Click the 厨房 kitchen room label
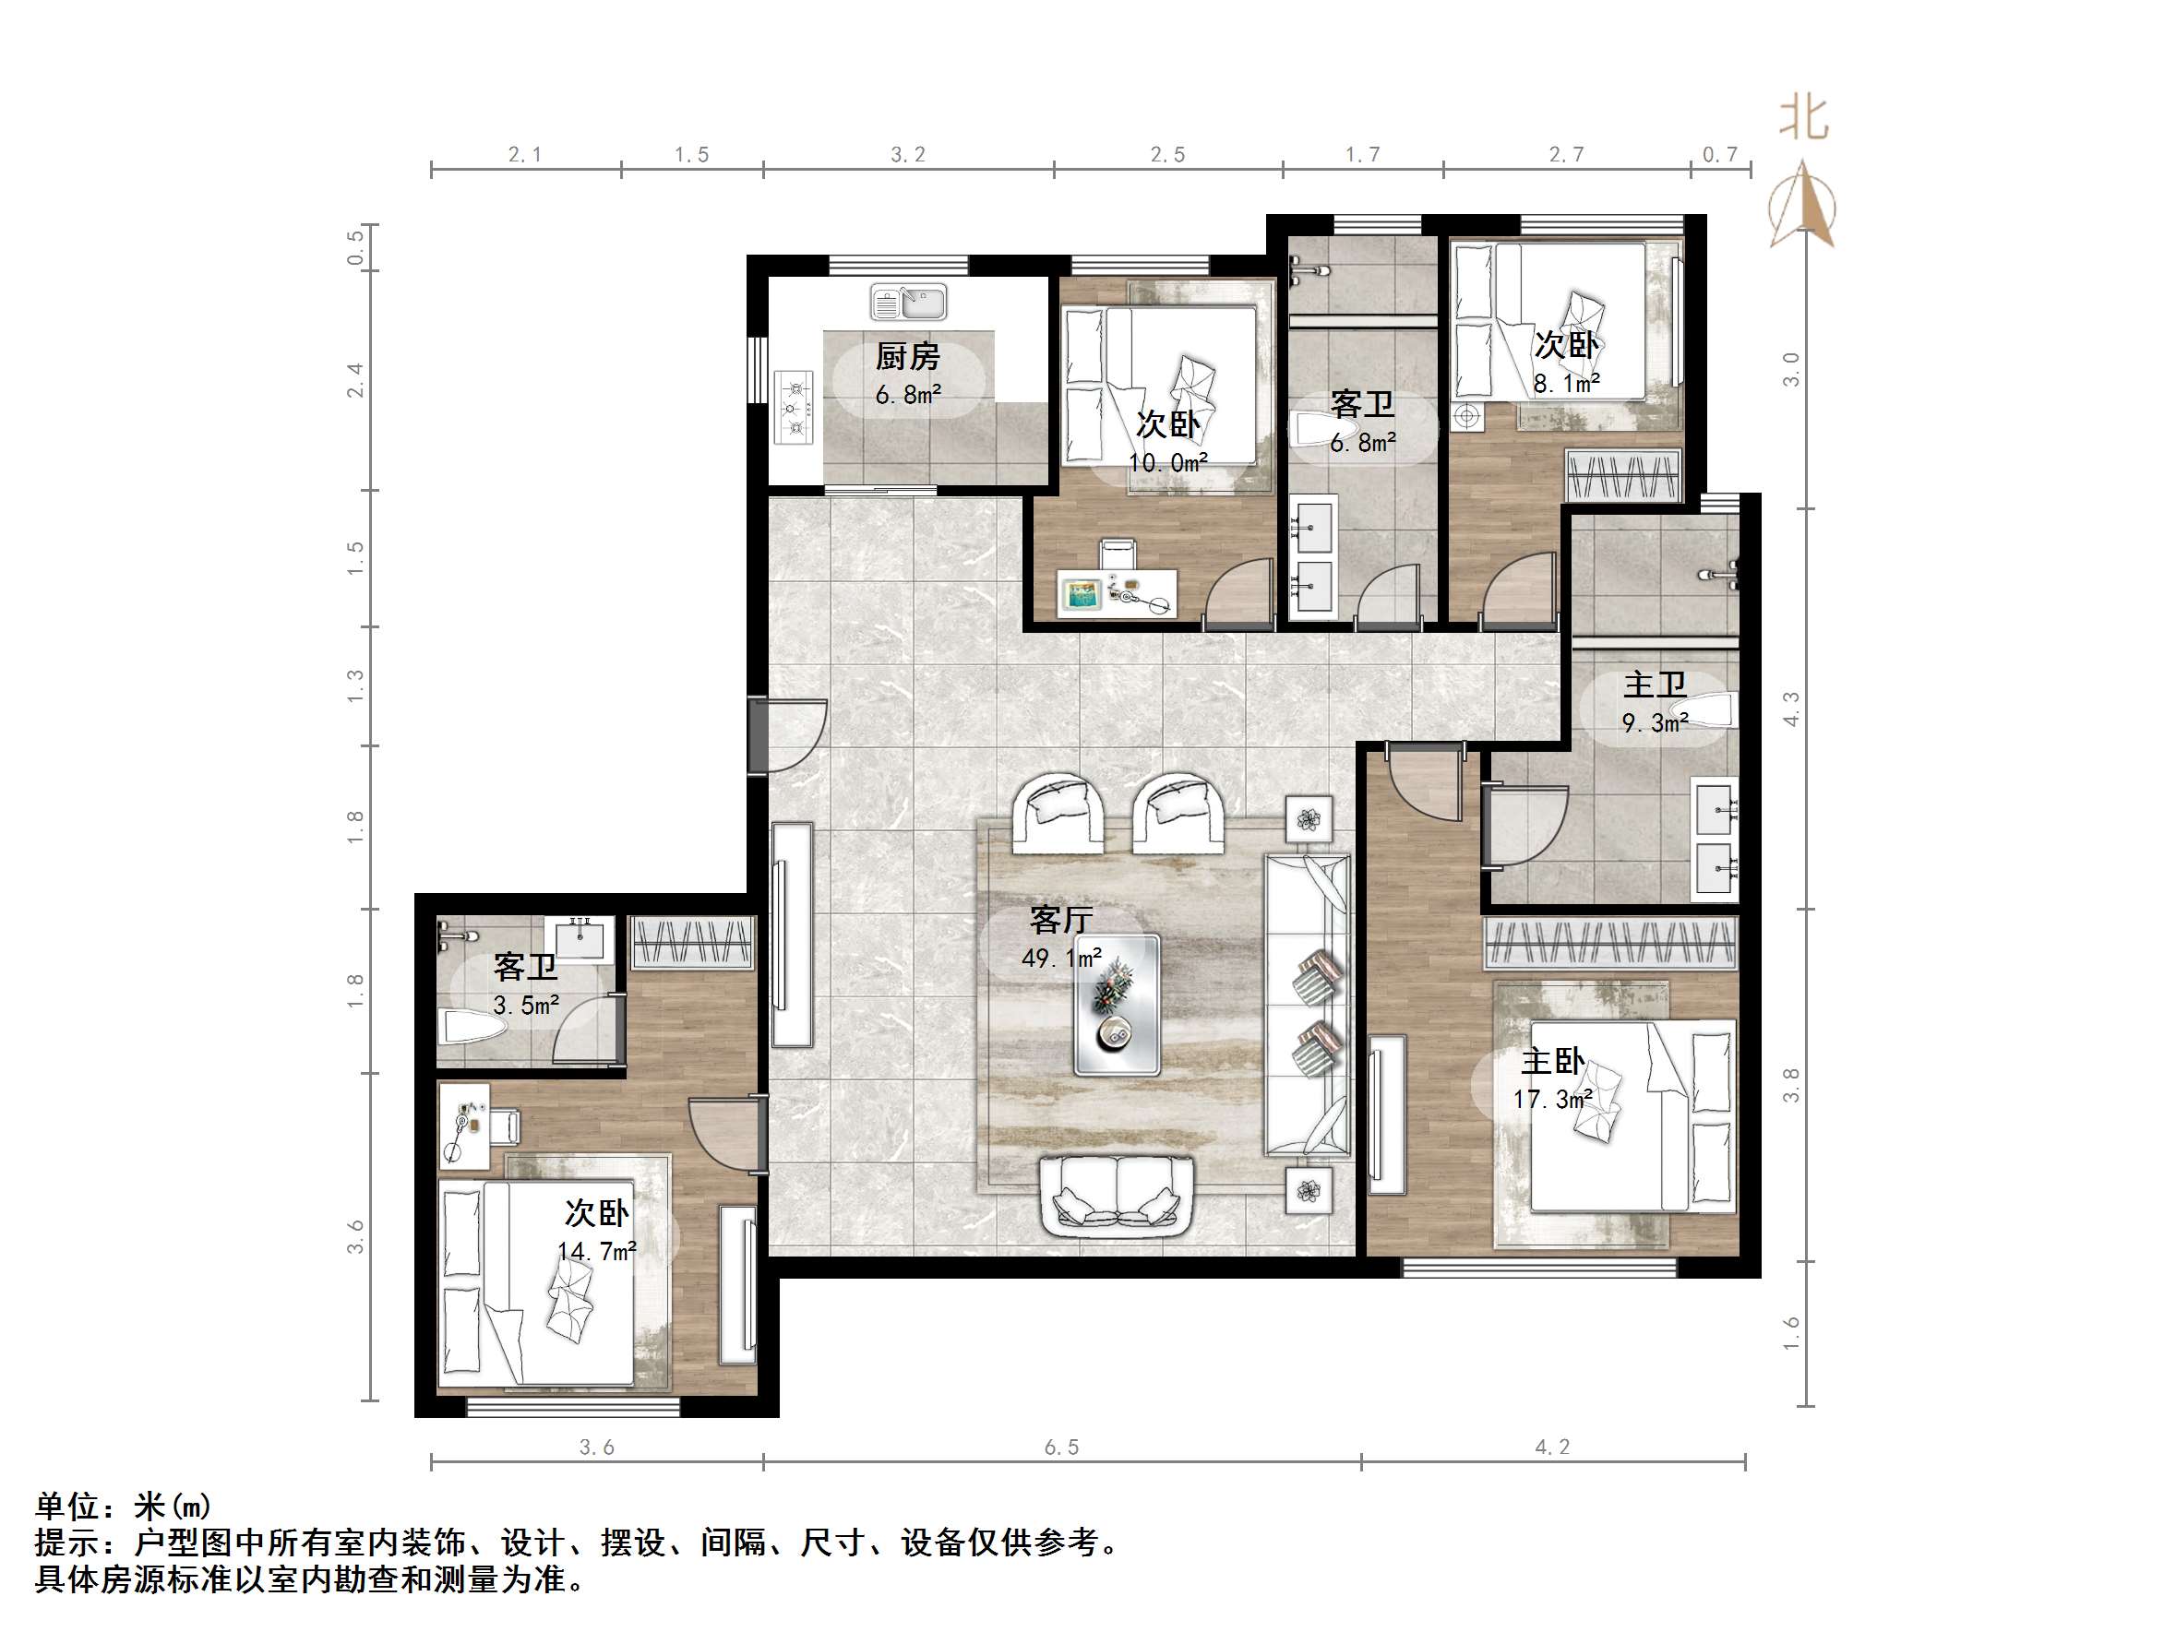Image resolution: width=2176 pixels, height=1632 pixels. pos(907,356)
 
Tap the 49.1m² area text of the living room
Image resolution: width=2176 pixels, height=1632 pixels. pos(1060,958)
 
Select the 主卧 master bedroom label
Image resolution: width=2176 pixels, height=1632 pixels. pos(1552,1060)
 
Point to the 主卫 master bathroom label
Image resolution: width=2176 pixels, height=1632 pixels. pos(1655,684)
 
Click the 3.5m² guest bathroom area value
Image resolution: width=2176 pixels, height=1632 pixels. pos(525,1006)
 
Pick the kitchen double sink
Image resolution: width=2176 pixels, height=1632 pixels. pos(908,302)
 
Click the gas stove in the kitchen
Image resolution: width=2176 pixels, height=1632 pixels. pos(794,407)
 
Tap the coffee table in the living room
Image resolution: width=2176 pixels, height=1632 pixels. pos(1116,1005)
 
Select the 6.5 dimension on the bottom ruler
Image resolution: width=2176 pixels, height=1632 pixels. pos(1060,1447)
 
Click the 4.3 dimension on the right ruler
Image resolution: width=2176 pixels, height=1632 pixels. pos(1791,709)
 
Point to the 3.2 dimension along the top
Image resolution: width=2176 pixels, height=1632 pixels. pos(907,154)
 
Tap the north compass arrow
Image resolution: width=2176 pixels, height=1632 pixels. pos(1802,205)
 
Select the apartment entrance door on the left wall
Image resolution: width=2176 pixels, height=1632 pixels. pos(759,735)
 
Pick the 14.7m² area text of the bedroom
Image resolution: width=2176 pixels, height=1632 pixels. pos(596,1252)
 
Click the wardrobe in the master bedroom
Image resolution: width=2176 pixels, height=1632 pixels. pos(1609,944)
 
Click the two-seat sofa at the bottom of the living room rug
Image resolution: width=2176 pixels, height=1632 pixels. pos(1117,1196)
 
